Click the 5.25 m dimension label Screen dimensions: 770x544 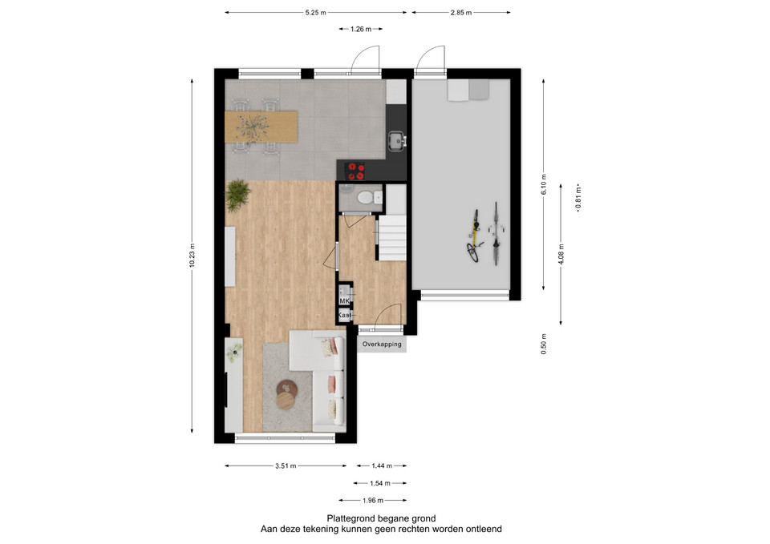315,13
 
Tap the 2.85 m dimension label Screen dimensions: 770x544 460,13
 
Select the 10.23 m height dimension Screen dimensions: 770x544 192,256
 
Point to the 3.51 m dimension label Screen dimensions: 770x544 286,466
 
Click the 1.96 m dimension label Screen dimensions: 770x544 373,501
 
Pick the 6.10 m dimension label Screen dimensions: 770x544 544,184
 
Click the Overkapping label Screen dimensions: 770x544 382,344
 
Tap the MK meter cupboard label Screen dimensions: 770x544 344,300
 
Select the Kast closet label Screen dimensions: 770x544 345,315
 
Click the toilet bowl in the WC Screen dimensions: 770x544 365,198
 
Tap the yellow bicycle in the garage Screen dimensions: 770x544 474,236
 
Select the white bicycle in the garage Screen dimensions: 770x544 496,233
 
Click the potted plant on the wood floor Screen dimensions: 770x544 237,195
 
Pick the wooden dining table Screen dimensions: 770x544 261,127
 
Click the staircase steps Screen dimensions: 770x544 391,238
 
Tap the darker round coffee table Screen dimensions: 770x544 287,389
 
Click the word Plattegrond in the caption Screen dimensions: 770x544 351,518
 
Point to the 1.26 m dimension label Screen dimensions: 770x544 360,29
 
